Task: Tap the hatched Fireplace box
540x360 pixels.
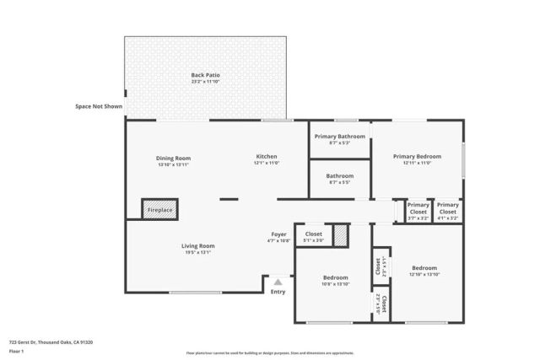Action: [x=159, y=209]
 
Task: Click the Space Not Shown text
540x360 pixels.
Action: [x=99, y=107]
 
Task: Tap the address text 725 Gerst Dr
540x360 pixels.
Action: [x=51, y=342]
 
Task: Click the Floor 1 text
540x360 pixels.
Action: [x=16, y=351]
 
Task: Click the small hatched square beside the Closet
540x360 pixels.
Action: [x=340, y=235]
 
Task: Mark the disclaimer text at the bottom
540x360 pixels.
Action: [x=270, y=352]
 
